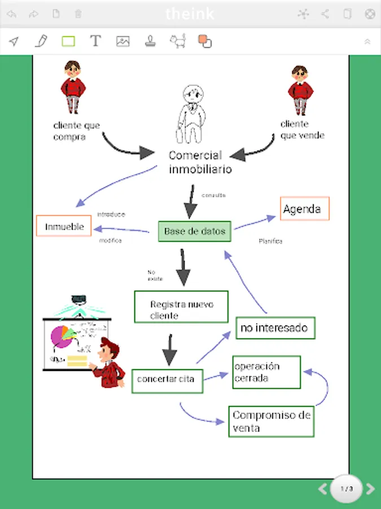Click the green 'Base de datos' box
[195, 231]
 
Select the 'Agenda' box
[304, 209]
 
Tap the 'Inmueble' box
[64, 226]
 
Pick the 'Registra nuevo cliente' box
[181, 307]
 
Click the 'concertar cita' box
[167, 379]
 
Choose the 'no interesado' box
[275, 327]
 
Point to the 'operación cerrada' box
[266, 372]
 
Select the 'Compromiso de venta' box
[271, 421]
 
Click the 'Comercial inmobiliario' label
[199, 162]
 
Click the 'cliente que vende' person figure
[300, 90]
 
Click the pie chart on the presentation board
[60, 336]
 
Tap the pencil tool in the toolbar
[41, 41]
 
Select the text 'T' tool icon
[95, 41]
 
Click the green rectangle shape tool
[68, 41]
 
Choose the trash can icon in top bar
[78, 14]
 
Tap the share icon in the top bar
[325, 14]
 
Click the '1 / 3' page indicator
[346, 489]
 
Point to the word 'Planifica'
[270, 241]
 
